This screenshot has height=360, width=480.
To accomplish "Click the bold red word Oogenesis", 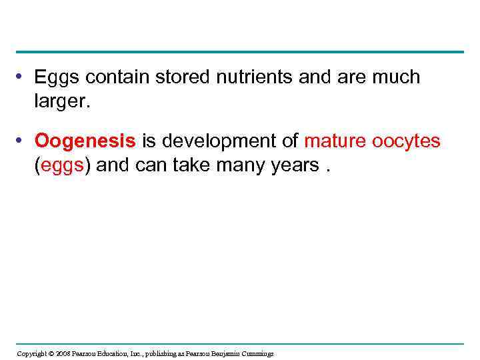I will (85, 141).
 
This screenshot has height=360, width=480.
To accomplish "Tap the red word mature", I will (335, 141).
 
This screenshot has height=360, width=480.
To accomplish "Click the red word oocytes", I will (407, 141).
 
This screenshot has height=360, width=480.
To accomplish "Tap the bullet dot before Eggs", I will (21, 77).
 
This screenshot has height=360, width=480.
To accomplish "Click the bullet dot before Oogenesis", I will (21, 141).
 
